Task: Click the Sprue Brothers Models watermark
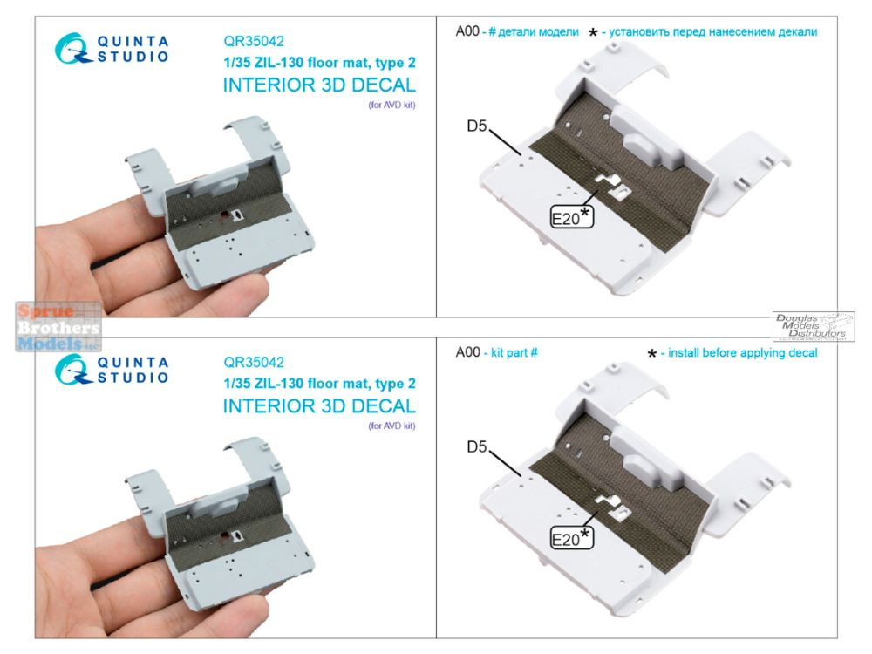pyautogui.click(x=58, y=327)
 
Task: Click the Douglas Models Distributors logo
pyautogui.click(x=813, y=326)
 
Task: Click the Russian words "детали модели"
pyautogui.click(x=538, y=32)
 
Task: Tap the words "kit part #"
pyautogui.click(x=514, y=352)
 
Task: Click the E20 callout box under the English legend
pyautogui.click(x=572, y=538)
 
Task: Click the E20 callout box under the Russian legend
pyautogui.click(x=572, y=217)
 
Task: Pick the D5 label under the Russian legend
pyautogui.click(x=477, y=126)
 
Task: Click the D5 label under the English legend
pyautogui.click(x=477, y=446)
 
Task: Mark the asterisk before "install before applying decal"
pyautogui.click(x=652, y=354)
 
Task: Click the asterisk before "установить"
pyautogui.click(x=593, y=33)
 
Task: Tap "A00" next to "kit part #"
pyautogui.click(x=467, y=352)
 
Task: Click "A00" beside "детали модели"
pyautogui.click(x=467, y=31)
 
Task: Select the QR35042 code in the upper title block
pyautogui.click(x=254, y=41)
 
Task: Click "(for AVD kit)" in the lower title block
pyautogui.click(x=392, y=426)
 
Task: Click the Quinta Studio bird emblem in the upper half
pyautogui.click(x=72, y=48)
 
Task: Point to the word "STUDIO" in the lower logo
pyautogui.click(x=133, y=378)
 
